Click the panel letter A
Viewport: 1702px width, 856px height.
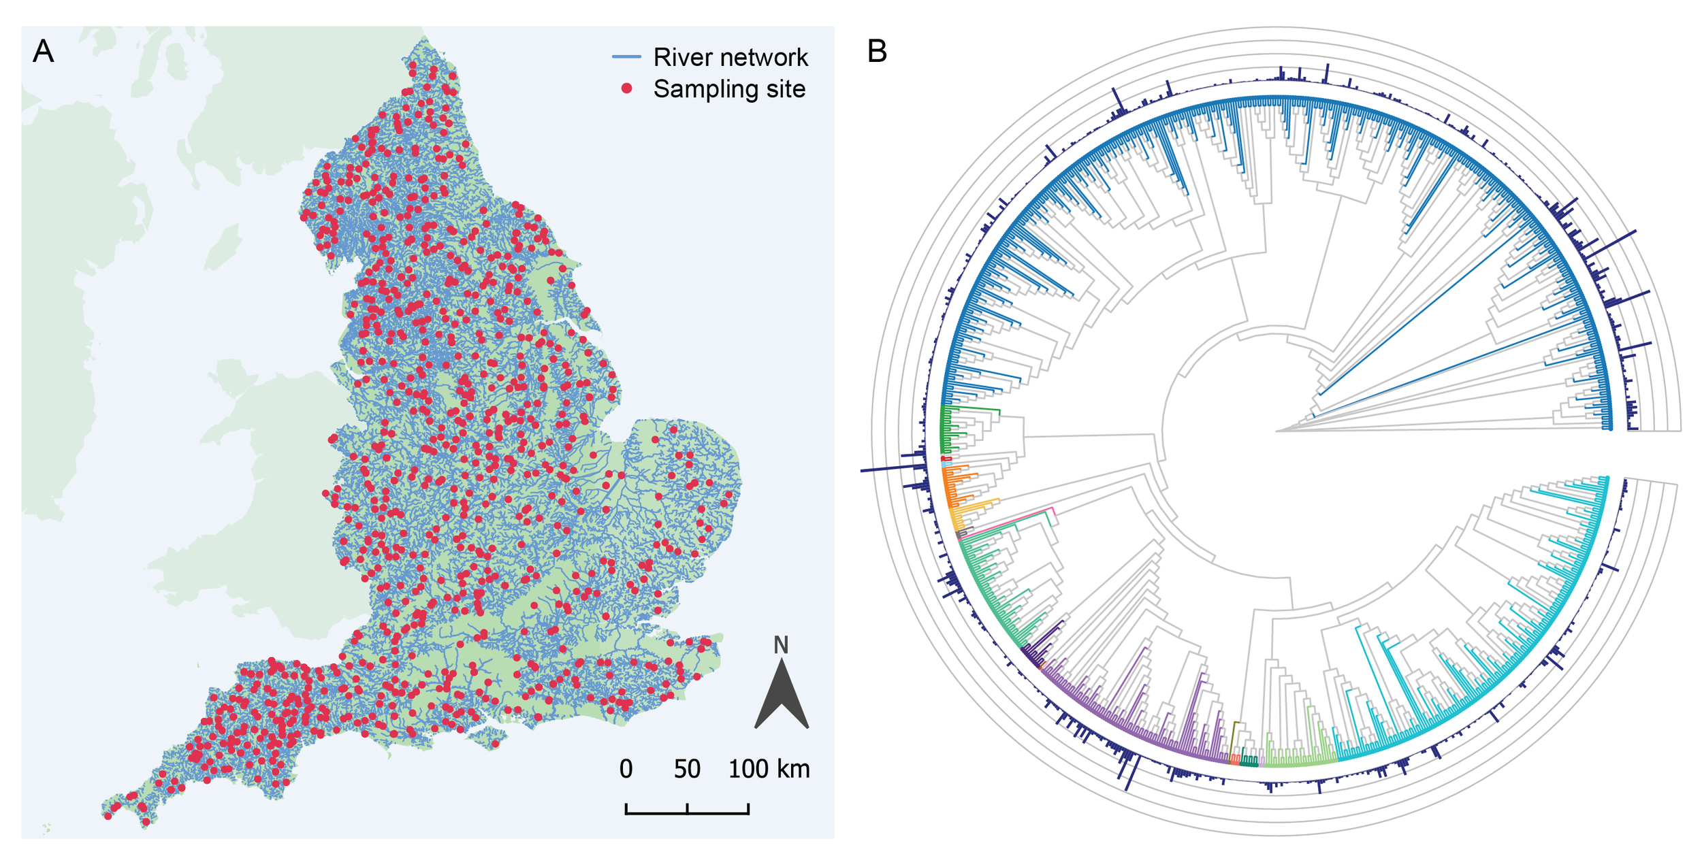43,51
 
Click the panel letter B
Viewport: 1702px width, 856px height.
877,51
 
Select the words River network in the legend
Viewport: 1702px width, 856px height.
730,57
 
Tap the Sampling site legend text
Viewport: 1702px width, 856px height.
729,89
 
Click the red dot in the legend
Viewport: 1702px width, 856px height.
626,88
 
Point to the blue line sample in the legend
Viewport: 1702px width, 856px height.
626,56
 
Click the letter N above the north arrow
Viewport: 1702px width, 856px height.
781,645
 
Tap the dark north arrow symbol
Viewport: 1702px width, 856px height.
782,694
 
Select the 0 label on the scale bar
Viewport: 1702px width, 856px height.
626,770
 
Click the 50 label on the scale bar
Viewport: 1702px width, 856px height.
687,770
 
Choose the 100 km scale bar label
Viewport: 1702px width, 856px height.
769,770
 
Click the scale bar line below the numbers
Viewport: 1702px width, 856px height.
687,812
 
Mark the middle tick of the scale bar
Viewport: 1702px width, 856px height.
688,808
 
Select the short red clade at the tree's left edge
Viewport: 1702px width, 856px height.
946,459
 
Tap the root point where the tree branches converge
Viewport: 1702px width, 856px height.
1276,431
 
